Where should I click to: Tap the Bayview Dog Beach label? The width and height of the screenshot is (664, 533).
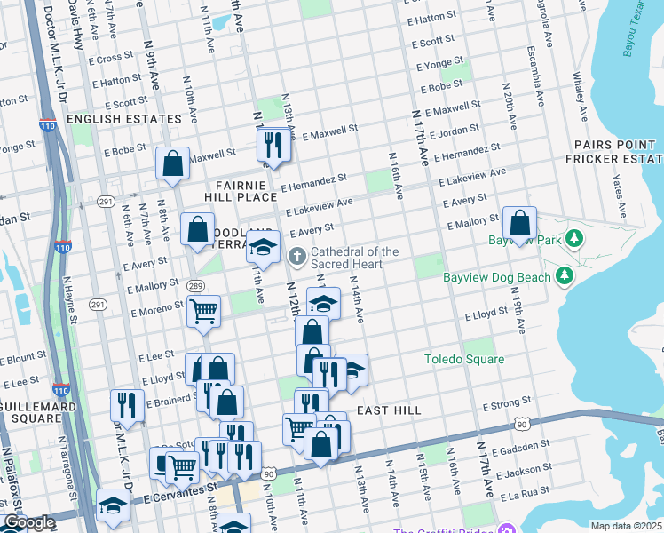click(x=497, y=277)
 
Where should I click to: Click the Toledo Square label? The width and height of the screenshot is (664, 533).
click(x=462, y=360)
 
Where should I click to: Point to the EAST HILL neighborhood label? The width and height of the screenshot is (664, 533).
click(x=389, y=410)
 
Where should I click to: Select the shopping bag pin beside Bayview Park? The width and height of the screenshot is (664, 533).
click(x=520, y=222)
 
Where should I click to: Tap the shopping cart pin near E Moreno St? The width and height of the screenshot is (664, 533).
click(x=204, y=312)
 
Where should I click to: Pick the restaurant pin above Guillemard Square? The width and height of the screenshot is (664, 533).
click(x=127, y=405)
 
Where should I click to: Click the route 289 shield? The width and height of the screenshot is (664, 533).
click(x=195, y=285)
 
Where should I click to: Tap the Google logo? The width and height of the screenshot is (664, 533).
click(x=29, y=522)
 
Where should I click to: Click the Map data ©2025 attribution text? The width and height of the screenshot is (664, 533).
click(x=626, y=526)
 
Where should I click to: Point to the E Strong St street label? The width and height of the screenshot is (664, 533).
click(x=507, y=405)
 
